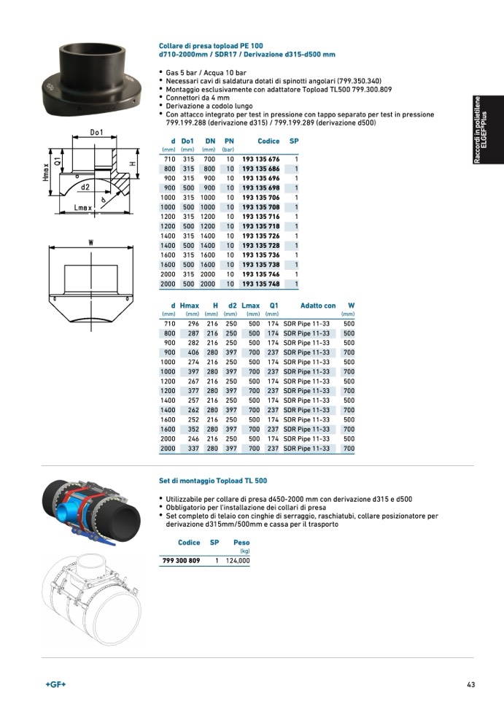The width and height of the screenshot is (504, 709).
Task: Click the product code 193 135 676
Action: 260,159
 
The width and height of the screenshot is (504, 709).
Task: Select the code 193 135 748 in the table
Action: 260,283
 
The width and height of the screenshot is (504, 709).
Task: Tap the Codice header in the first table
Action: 269,140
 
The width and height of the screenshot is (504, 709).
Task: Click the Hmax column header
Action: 189,306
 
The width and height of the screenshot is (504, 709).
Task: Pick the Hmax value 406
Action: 193,352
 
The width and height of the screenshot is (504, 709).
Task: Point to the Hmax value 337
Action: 193,449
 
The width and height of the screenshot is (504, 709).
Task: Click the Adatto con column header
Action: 318,306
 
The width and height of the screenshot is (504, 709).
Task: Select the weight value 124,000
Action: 238,561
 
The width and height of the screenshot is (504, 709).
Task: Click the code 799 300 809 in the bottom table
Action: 179,561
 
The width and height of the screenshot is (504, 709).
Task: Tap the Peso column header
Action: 241,543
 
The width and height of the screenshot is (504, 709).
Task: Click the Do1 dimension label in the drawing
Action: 97,133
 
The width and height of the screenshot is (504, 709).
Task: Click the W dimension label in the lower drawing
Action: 90,242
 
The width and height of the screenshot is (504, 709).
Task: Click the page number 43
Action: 471,684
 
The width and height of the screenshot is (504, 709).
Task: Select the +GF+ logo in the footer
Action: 55,684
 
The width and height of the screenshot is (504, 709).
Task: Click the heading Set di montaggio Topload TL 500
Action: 213,481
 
